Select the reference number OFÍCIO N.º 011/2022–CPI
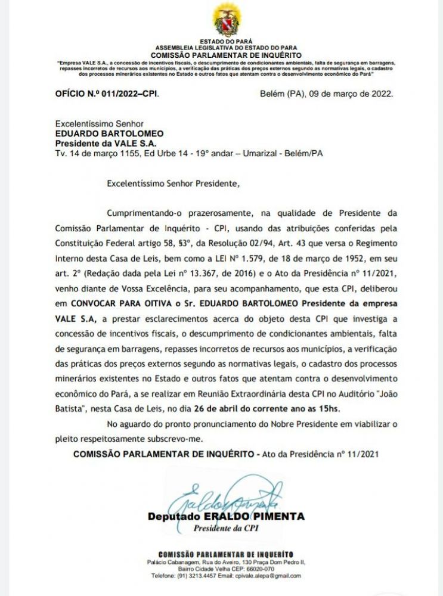[107, 94]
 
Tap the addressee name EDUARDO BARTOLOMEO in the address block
[101, 134]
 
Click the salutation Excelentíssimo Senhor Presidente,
[172, 184]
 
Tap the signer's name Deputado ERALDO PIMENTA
[226, 516]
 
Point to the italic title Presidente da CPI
[226, 528]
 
